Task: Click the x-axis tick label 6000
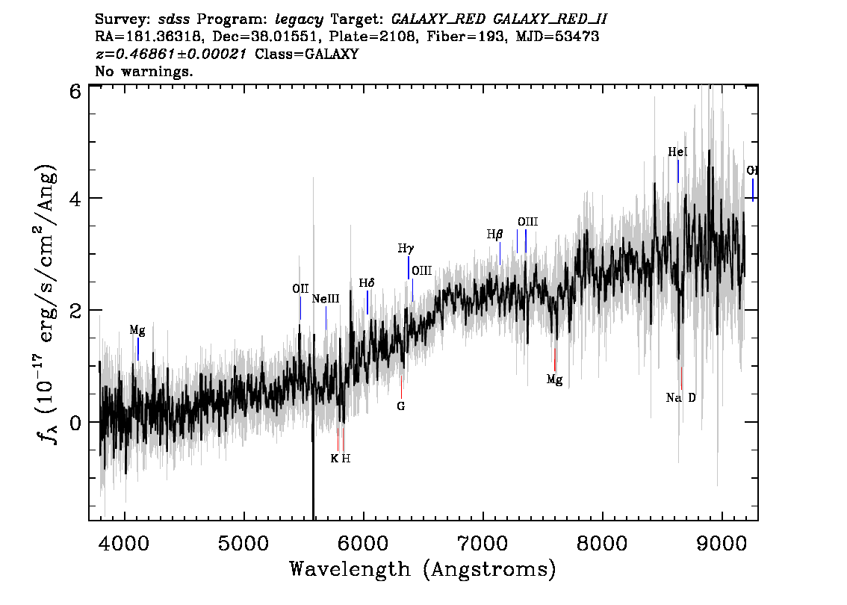363,543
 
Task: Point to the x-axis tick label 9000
722,543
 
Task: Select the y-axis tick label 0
75,422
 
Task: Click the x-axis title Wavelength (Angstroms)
423,569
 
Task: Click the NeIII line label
326,299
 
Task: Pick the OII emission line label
300,288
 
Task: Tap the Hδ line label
367,283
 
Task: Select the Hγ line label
406,249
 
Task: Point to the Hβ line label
494,235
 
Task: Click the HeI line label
678,152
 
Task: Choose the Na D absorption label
681,398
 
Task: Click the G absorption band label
401,406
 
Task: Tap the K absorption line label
335,459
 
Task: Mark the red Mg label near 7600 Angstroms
555,379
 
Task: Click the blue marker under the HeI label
678,171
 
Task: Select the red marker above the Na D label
682,378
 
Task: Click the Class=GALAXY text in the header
307,54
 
